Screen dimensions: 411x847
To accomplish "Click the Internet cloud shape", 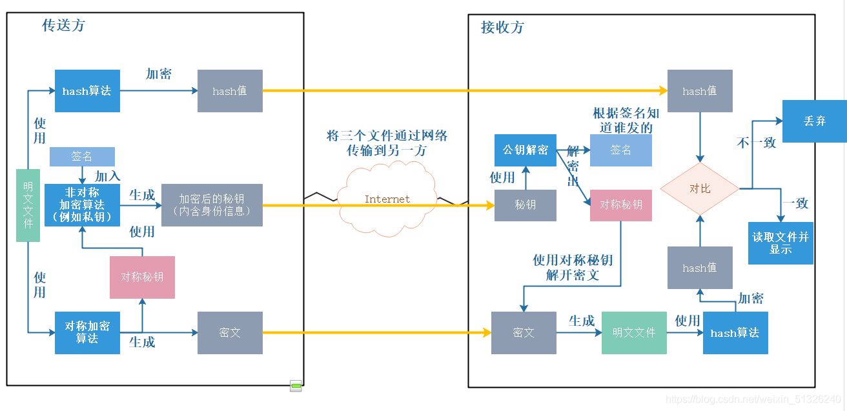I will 387,199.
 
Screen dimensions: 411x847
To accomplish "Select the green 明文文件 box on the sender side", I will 28,205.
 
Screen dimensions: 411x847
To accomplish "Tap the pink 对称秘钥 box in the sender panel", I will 142,277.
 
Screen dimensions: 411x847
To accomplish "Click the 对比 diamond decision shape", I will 700,188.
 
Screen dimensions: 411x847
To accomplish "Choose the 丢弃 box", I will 814,121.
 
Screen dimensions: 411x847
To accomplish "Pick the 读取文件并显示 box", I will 781,243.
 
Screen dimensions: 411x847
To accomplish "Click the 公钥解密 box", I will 526,150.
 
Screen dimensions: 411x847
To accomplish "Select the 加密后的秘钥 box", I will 212,205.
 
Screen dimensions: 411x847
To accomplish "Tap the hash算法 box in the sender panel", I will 87,91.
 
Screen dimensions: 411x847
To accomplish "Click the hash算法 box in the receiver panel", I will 735,333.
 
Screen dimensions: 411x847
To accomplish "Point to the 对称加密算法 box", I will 87,332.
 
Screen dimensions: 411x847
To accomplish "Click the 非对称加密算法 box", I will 82,205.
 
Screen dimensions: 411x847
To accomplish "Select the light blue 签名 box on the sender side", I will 82,156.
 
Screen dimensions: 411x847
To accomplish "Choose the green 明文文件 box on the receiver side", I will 633,332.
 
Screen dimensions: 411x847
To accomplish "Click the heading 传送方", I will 63,26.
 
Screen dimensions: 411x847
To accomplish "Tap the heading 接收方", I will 502,28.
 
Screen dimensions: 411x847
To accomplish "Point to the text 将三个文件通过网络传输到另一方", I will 387,143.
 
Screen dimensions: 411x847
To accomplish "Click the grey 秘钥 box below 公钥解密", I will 525,205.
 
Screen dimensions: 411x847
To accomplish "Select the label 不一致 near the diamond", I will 756,143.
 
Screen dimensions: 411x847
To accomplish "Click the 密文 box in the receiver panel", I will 524,332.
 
